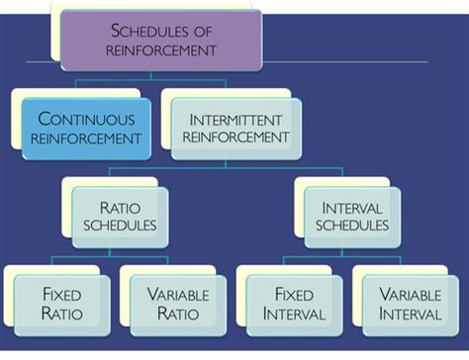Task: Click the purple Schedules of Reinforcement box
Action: (x=160, y=40)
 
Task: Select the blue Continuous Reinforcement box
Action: (x=86, y=130)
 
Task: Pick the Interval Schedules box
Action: (x=353, y=218)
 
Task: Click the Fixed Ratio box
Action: (x=61, y=304)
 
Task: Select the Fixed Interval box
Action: (x=294, y=304)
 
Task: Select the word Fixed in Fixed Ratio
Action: (x=61, y=294)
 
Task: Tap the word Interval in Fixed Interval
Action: (x=294, y=315)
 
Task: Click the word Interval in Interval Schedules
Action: (x=353, y=208)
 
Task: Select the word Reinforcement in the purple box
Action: (x=160, y=49)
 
